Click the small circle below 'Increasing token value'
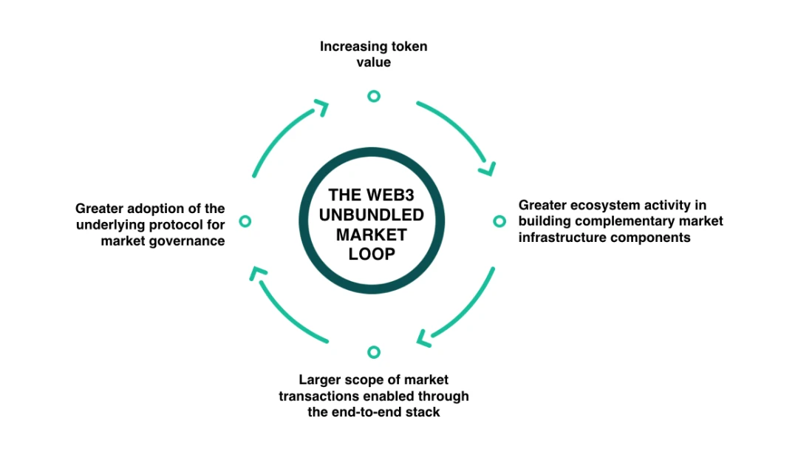(x=374, y=96)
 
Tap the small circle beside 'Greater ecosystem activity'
(x=499, y=221)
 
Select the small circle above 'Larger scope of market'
(x=374, y=352)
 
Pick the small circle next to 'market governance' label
(x=246, y=221)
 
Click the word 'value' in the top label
(x=373, y=63)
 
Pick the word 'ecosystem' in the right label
(x=600, y=205)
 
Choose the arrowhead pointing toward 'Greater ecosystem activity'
(x=487, y=169)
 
